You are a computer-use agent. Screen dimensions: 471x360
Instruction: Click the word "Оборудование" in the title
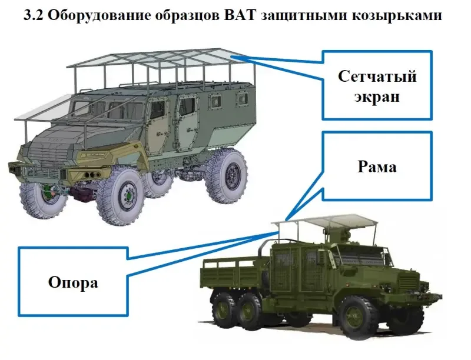coord(99,15)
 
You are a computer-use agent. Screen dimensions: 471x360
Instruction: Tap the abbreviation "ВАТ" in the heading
coord(239,15)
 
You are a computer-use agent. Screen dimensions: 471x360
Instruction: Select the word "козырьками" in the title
coord(396,16)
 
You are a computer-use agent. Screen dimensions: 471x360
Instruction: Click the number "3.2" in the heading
coord(34,15)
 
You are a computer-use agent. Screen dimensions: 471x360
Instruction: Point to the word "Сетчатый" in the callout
coord(377,76)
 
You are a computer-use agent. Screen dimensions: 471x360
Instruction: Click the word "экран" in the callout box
coord(377,96)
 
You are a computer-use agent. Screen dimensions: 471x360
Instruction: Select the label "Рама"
coord(377,166)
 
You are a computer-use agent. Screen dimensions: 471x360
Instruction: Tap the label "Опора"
coord(73,282)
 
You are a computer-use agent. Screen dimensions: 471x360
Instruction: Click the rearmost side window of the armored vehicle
coord(242,98)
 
